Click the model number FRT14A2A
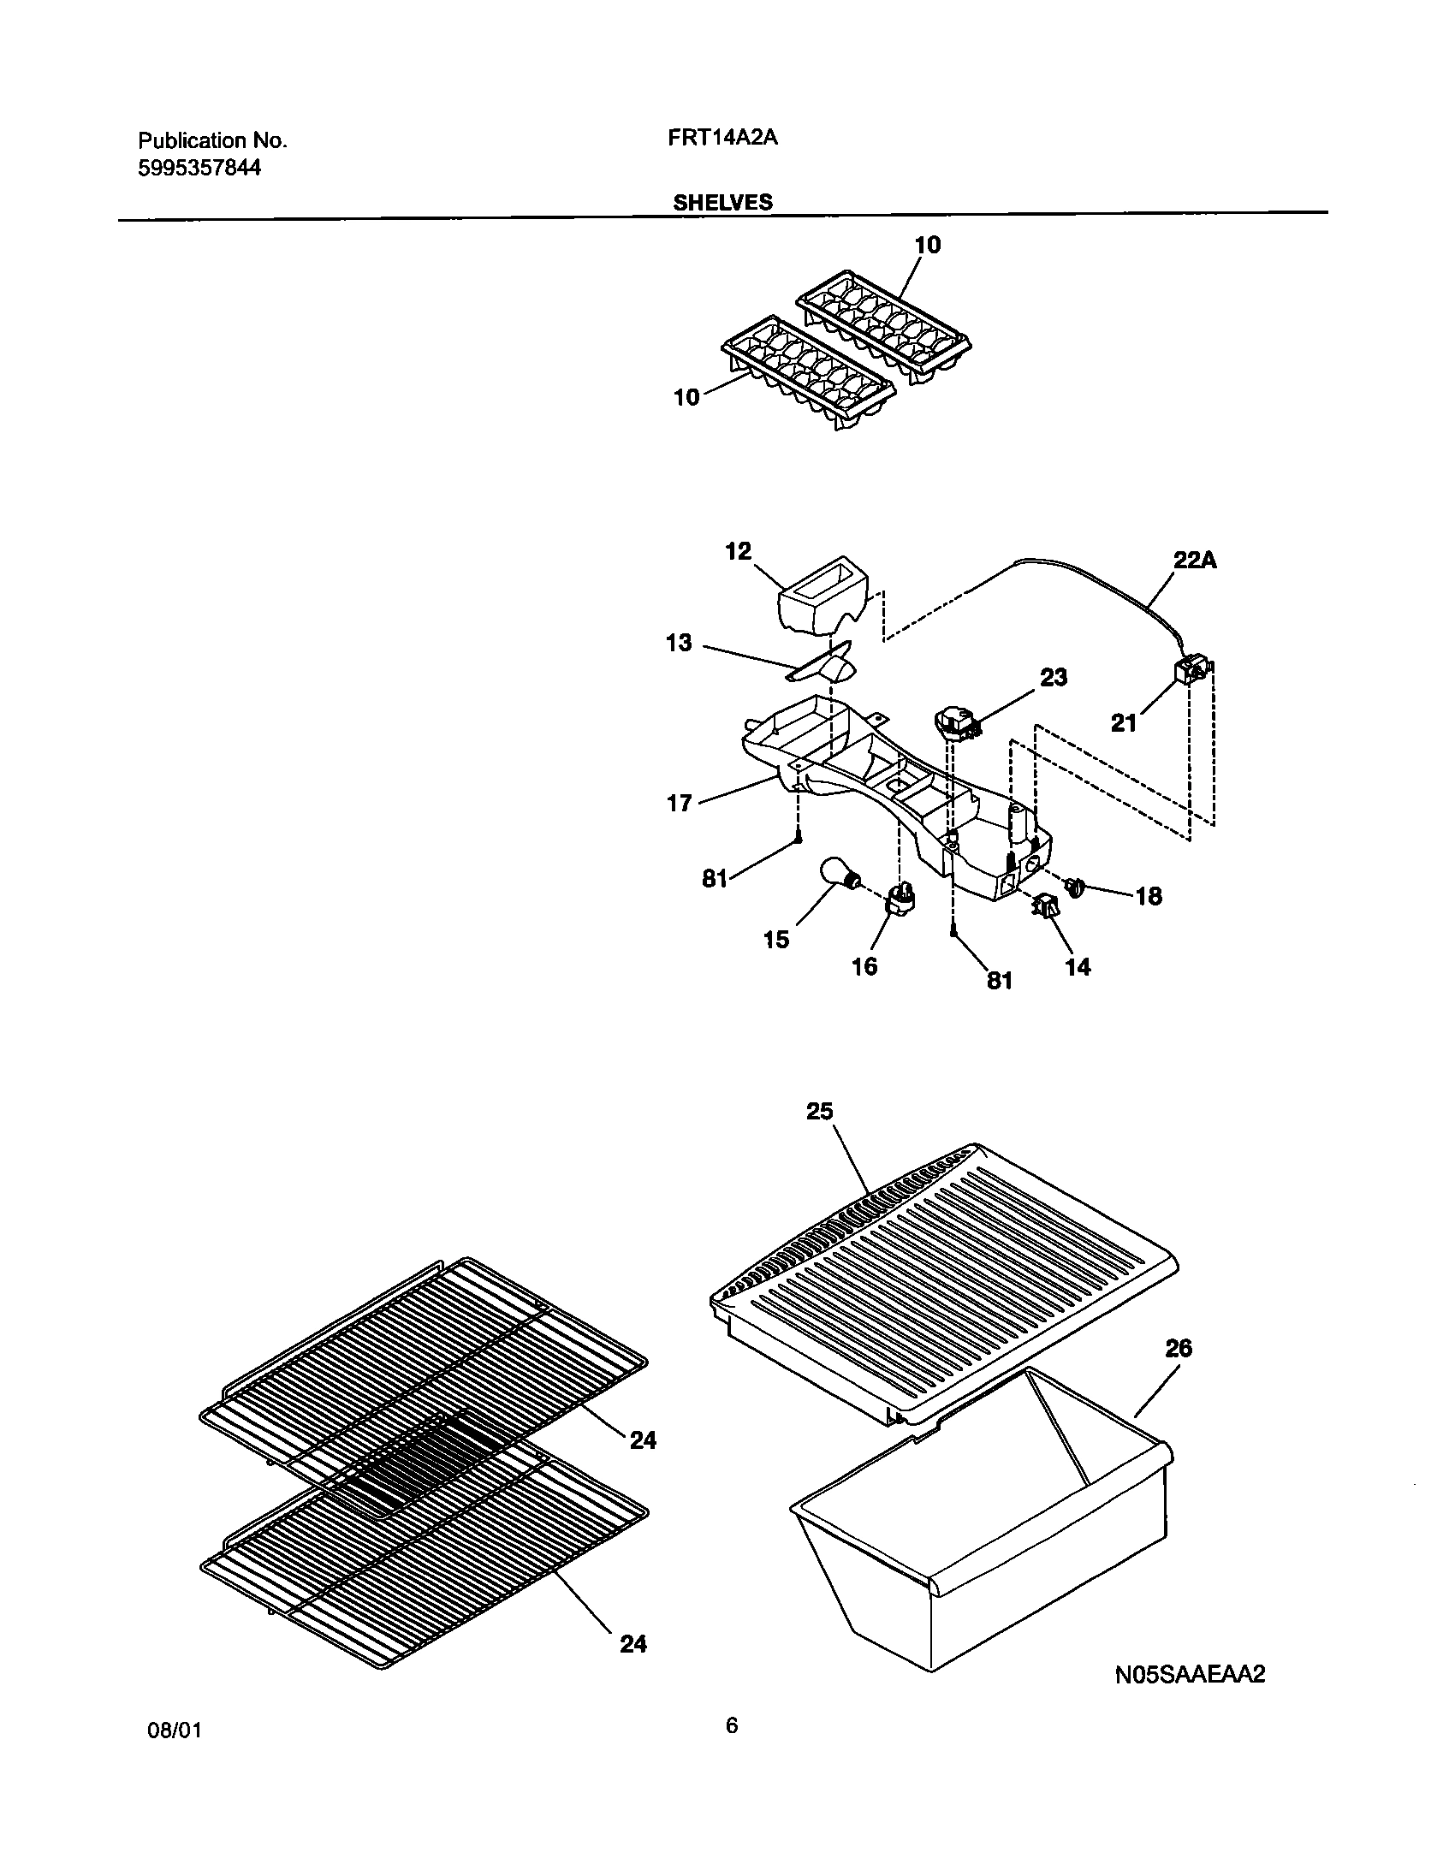pos(722,139)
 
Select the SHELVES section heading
pos(722,203)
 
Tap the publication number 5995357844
pos(199,169)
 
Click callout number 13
pos(679,643)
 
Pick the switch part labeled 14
pos(1046,907)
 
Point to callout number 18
pos(1149,896)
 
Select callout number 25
pos(819,1111)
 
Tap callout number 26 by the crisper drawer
pos(1179,1348)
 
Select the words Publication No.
pos(212,141)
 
